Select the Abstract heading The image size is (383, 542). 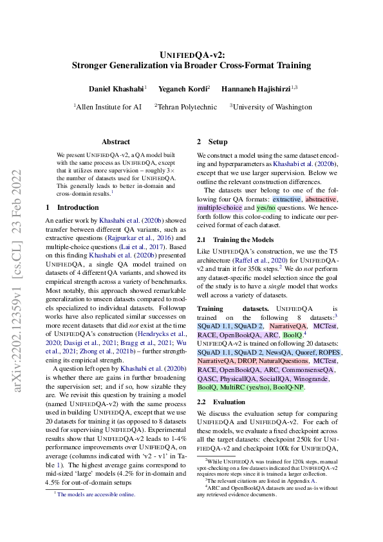(x=116, y=142)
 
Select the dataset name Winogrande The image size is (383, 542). (x=313, y=379)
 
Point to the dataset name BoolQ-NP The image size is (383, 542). (x=288, y=388)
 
